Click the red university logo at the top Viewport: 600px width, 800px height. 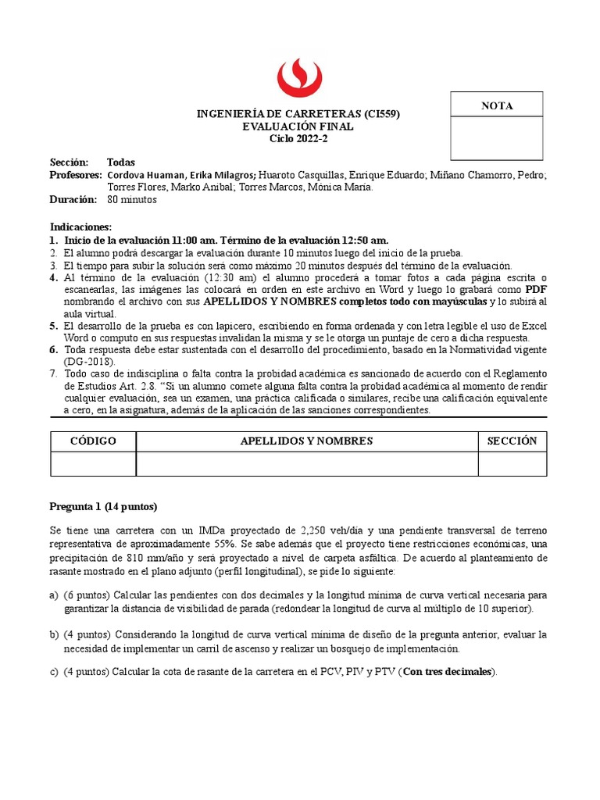(299, 76)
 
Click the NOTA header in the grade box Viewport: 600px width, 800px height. (497, 105)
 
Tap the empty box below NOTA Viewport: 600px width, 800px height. (497, 138)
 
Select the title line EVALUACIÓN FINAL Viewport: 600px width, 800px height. (298, 126)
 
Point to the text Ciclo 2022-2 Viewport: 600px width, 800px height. (298, 138)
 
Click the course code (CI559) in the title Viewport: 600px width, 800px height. (377, 114)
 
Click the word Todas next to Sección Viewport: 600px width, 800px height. (121, 162)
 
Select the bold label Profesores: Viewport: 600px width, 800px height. (75, 175)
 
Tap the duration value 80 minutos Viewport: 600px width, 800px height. (131, 200)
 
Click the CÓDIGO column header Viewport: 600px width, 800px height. (93, 441)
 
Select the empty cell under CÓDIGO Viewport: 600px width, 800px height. (93, 464)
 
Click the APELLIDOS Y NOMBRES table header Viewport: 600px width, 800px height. (306, 441)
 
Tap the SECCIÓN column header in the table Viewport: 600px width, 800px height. (512, 441)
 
